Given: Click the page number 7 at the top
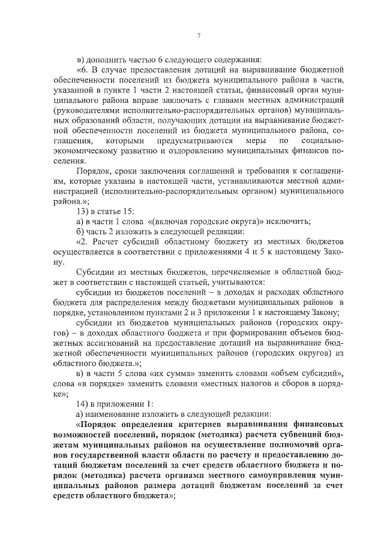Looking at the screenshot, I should pos(199,37).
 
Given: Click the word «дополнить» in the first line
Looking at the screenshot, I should pos(105,59).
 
